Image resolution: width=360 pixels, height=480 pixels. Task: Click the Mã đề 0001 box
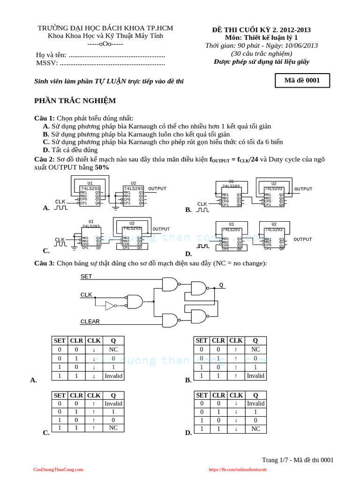click(302, 81)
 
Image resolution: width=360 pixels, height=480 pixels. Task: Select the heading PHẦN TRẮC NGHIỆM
click(75, 101)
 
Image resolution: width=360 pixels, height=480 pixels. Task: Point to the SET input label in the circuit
click(86, 277)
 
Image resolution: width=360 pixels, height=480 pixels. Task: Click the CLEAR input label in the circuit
click(90, 322)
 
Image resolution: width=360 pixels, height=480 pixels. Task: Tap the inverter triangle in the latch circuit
click(111, 306)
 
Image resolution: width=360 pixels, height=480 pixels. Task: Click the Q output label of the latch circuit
click(221, 285)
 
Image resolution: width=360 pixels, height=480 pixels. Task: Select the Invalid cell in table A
click(113, 376)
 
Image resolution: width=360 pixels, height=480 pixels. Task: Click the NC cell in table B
click(255, 349)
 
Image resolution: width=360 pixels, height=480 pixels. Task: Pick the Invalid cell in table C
click(113, 403)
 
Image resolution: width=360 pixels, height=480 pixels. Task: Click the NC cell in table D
click(255, 428)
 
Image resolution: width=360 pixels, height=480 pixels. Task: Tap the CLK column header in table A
click(94, 341)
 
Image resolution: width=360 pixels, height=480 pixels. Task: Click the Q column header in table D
click(255, 395)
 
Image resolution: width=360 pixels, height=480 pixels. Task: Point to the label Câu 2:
click(45, 159)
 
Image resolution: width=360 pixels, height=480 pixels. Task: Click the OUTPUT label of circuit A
click(157, 188)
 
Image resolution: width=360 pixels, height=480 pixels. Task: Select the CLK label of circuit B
click(202, 204)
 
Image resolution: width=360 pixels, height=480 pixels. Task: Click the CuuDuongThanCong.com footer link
click(58, 469)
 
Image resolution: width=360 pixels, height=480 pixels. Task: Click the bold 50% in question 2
click(102, 167)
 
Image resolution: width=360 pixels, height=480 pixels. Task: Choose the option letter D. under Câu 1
click(46, 150)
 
